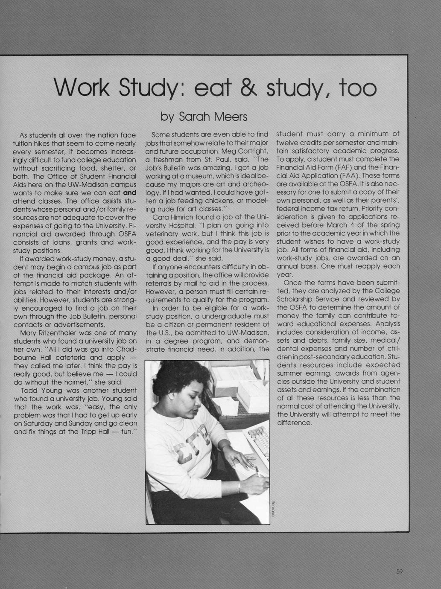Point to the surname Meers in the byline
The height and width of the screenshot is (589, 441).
click(231, 116)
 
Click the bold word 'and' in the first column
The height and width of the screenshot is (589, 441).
click(129, 192)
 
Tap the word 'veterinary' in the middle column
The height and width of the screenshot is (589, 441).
click(163, 233)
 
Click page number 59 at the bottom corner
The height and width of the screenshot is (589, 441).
click(399, 572)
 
